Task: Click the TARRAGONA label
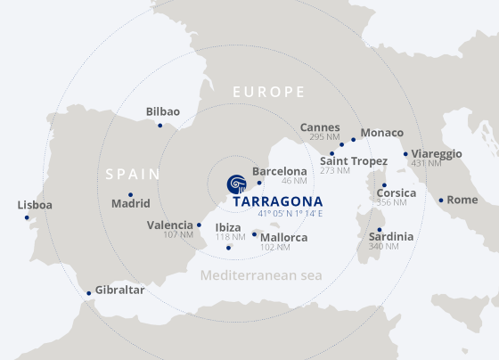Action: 277,201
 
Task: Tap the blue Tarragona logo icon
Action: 237,184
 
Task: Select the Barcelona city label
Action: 279,171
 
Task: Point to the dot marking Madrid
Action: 130,194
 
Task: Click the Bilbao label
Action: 163,111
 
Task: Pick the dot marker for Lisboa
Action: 27,217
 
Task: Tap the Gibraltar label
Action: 120,290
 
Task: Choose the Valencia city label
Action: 170,225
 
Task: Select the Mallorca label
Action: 284,237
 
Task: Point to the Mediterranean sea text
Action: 260,275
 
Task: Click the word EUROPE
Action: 268,92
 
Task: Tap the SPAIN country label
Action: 133,174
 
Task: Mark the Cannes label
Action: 320,127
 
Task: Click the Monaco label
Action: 381,133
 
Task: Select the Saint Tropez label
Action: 353,160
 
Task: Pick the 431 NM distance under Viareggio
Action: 426,163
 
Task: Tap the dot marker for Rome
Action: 441,200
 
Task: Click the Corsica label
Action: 396,192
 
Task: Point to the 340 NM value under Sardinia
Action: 384,246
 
